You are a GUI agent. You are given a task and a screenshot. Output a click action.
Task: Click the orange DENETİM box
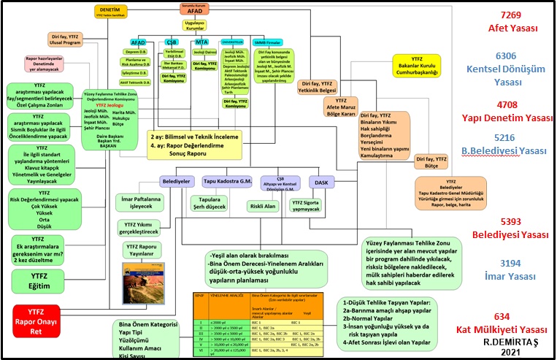(x=111, y=12)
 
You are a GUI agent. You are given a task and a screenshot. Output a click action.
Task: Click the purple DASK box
(x=320, y=181)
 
